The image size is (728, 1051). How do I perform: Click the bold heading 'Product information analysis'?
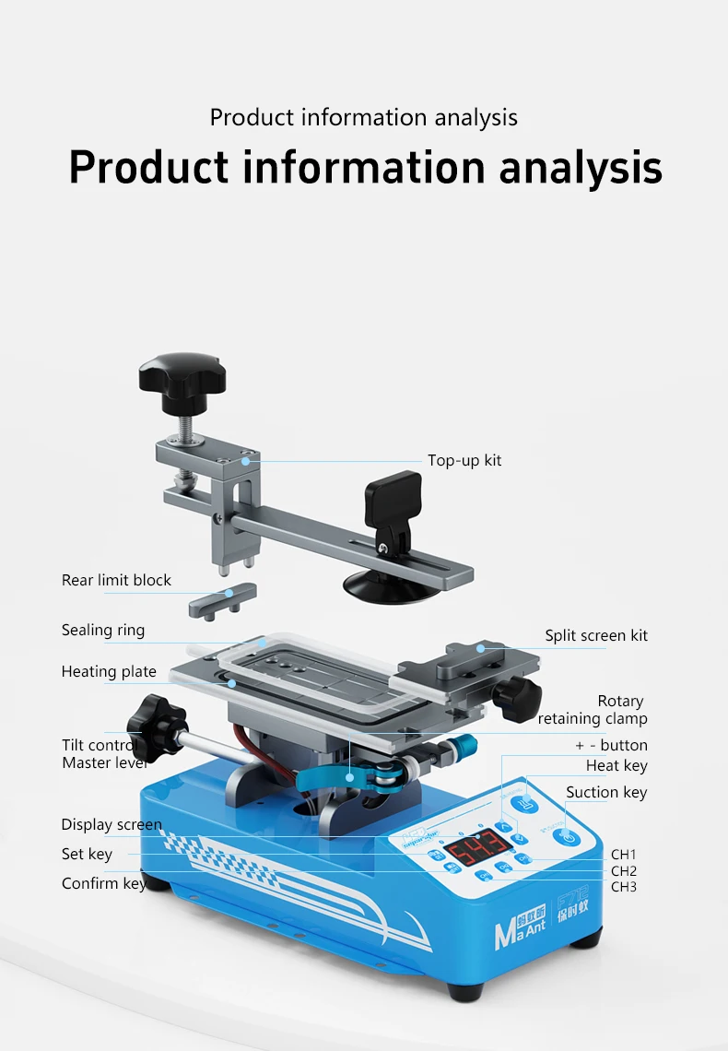click(x=365, y=167)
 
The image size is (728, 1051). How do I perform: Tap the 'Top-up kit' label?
click(x=464, y=460)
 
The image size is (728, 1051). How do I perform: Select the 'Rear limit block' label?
click(x=116, y=580)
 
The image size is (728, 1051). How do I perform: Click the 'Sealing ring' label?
click(x=102, y=631)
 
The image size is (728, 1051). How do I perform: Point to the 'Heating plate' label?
click(x=109, y=671)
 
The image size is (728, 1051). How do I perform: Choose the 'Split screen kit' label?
click(x=595, y=635)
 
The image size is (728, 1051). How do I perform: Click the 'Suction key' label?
click(x=606, y=792)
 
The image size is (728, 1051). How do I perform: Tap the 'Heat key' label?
click(x=616, y=765)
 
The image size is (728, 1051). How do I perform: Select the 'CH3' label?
click(x=624, y=887)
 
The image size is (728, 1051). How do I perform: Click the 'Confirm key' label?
click(x=103, y=883)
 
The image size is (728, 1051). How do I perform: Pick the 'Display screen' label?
click(x=112, y=824)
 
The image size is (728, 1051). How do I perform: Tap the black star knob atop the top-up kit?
click(x=182, y=375)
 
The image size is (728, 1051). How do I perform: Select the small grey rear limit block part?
click(x=222, y=601)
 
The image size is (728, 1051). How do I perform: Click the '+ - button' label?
click(x=611, y=745)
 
